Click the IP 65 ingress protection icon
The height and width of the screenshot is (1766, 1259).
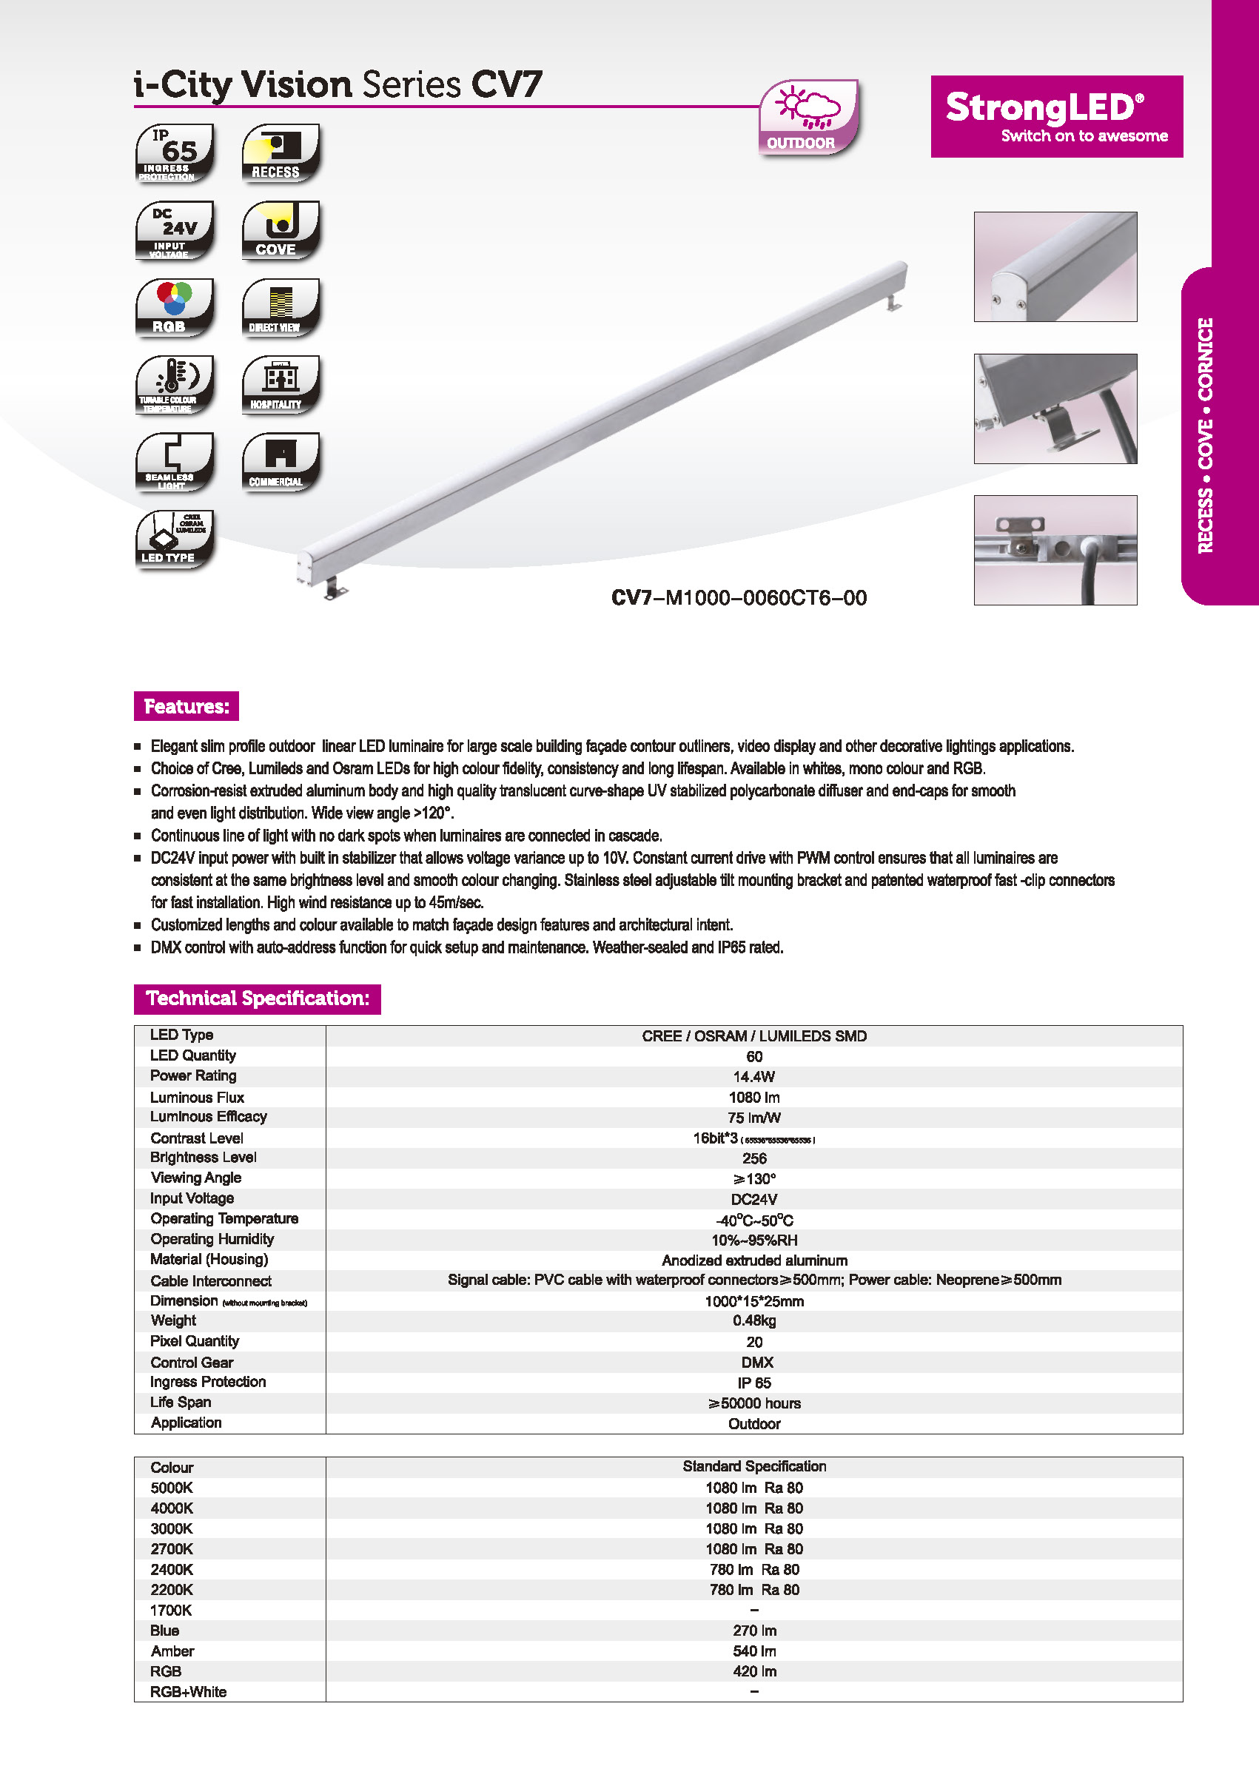pyautogui.click(x=175, y=152)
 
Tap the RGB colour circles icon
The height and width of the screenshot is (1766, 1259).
pyautogui.click(x=175, y=307)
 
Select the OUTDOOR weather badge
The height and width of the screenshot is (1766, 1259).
pyautogui.click(x=808, y=117)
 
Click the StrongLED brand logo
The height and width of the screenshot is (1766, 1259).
pyautogui.click(x=1056, y=116)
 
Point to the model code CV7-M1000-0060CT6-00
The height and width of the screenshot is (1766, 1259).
pyautogui.click(x=738, y=598)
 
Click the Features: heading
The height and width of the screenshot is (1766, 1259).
pyautogui.click(x=186, y=706)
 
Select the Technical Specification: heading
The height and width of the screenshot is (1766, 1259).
pyautogui.click(x=257, y=998)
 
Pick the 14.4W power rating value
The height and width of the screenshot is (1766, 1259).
pyautogui.click(x=753, y=1077)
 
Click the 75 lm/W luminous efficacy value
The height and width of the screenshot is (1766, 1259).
pyautogui.click(x=753, y=1118)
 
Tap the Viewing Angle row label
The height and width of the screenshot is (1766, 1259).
pyautogui.click(x=196, y=1178)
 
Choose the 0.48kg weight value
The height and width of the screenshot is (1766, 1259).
pyautogui.click(x=753, y=1320)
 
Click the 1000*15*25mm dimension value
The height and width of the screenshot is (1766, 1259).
pyautogui.click(x=753, y=1301)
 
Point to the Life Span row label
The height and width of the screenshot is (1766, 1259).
pyautogui.click(x=181, y=1402)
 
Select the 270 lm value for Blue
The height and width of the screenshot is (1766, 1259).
pyautogui.click(x=753, y=1631)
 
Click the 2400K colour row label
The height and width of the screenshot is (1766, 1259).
pyautogui.click(x=171, y=1569)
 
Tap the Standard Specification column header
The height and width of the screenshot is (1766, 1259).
pyautogui.click(x=753, y=1466)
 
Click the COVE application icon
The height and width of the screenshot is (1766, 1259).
pyautogui.click(x=281, y=230)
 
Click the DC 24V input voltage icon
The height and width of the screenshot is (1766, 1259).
pyautogui.click(x=175, y=230)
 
